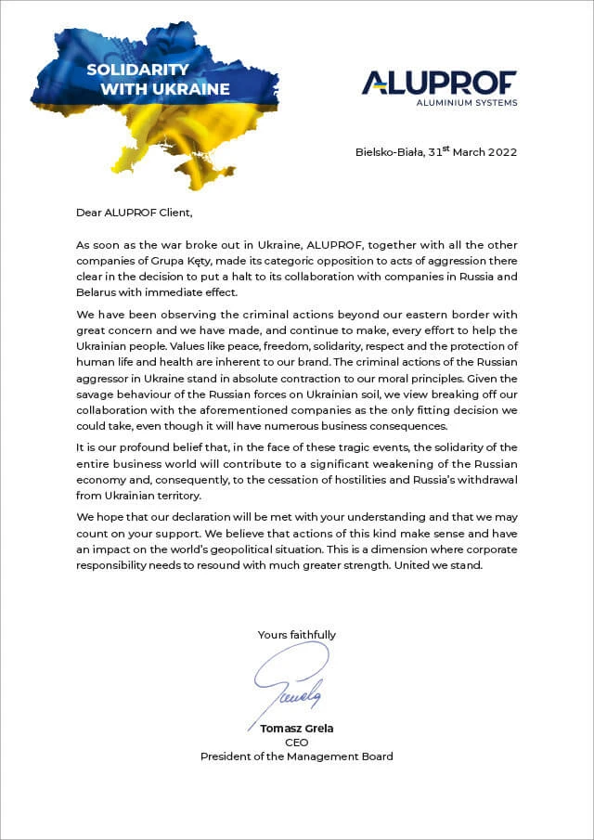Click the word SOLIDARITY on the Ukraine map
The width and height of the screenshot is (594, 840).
pos(137,70)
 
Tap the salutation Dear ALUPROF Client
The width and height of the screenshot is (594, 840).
pos(134,213)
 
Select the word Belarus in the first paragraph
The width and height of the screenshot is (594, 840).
pos(97,291)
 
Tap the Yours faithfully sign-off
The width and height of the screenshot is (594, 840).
pos(297,635)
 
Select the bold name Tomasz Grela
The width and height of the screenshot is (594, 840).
pos(297,729)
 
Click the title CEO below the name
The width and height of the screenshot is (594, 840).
pos(297,743)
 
